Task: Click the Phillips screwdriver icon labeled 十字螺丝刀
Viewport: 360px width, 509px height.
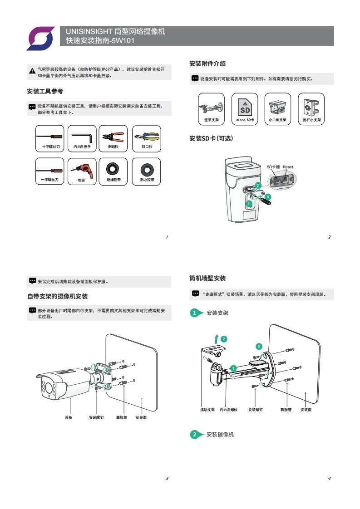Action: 50,136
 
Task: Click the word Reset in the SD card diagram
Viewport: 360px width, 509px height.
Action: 288,167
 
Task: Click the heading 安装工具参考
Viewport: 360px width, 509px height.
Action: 45,92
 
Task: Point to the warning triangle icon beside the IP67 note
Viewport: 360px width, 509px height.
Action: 32,71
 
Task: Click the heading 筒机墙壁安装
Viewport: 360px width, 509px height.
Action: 207,278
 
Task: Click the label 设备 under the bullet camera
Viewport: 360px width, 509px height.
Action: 69,417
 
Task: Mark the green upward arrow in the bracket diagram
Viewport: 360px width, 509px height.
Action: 217,338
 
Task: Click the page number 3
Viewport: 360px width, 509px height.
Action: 167,479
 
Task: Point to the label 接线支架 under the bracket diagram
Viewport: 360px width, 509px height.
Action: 207,410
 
